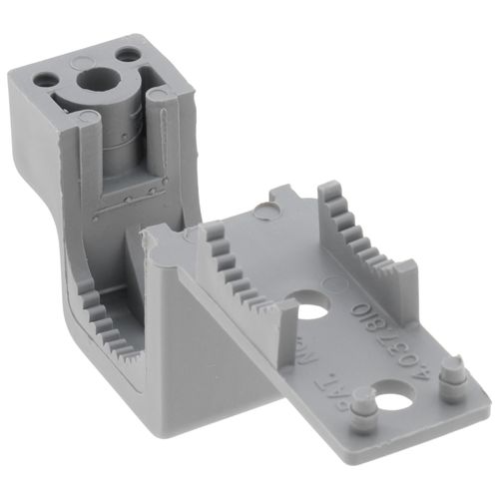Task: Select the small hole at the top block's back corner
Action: click(127, 52)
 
